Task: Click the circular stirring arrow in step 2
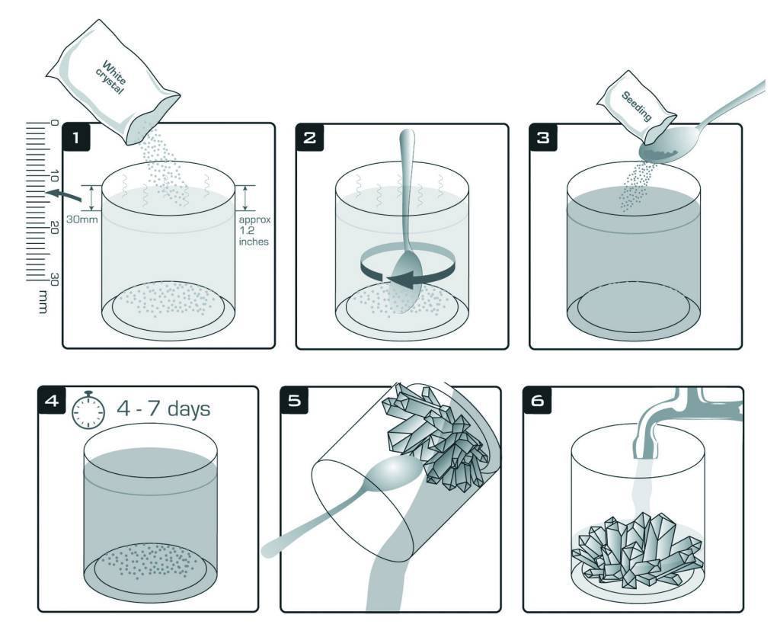408,268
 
